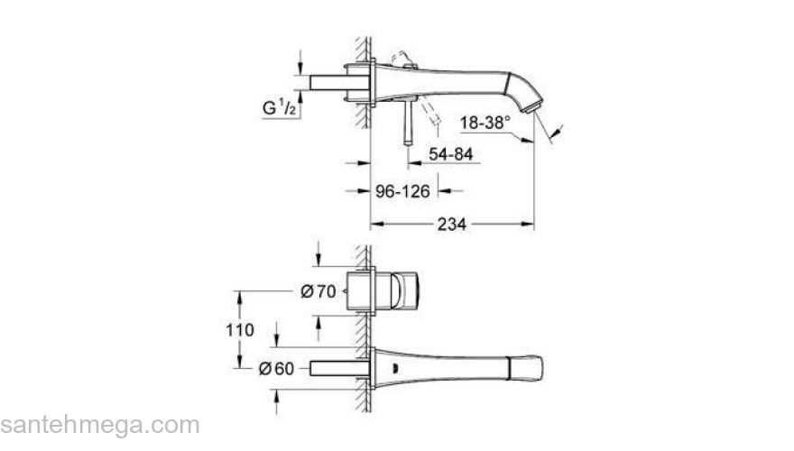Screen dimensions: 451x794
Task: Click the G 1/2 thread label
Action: pyautogui.click(x=277, y=109)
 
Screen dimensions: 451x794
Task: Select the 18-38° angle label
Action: pyautogui.click(x=486, y=122)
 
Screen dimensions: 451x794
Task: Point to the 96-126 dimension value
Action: pyautogui.click(x=402, y=191)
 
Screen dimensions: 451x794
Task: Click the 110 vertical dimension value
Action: pyautogui.click(x=239, y=329)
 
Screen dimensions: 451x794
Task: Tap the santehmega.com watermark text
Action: pyautogui.click(x=99, y=425)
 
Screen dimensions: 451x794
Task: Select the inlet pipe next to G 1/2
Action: pyautogui.click(x=335, y=82)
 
